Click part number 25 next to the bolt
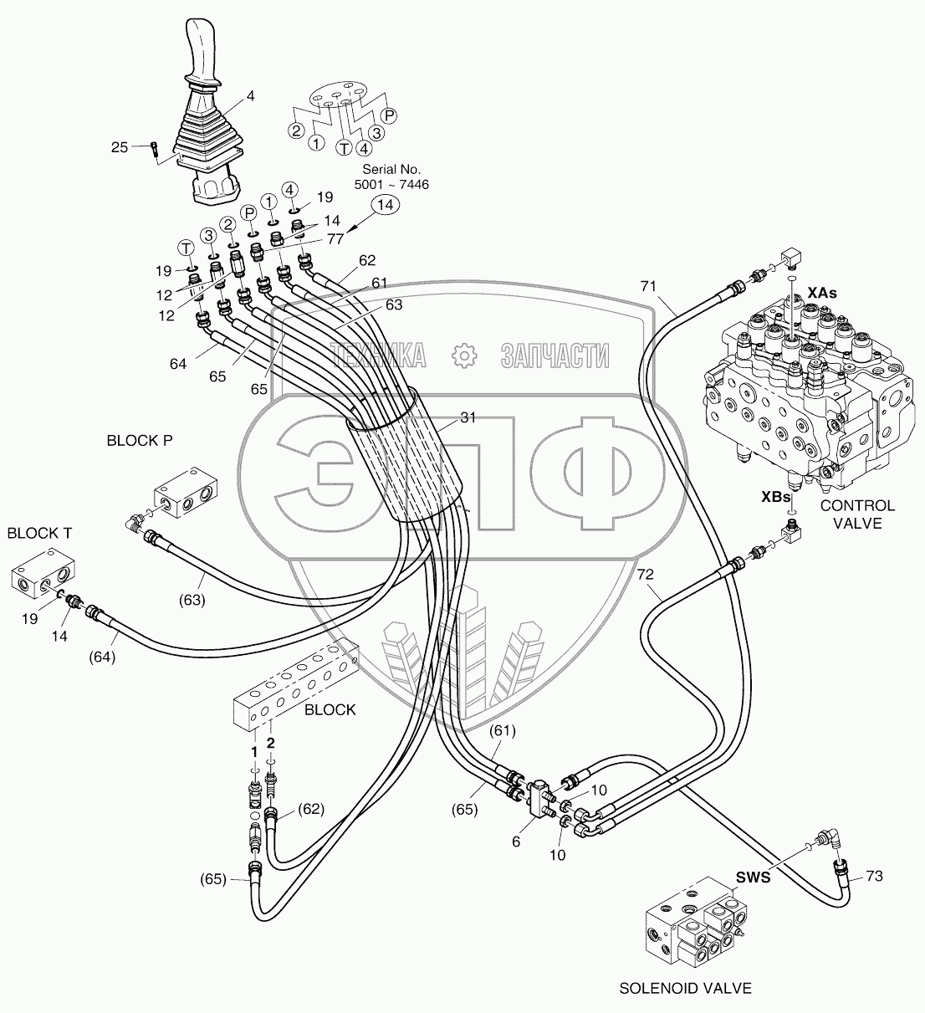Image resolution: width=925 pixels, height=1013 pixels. pos(120,147)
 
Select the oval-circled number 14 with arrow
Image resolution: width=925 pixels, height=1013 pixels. pos(384,204)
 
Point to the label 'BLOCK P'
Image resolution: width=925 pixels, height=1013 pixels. pos(139,440)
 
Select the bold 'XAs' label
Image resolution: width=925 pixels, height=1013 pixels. pos(822,293)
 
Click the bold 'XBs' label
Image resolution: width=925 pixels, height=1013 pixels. pos(775,496)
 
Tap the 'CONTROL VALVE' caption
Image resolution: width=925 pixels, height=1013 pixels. pos(857,514)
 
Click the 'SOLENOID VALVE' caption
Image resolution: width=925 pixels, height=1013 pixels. pos(685,988)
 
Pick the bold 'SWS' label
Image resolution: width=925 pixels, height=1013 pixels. pos(752,877)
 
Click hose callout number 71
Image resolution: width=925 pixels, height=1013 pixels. pos(648,287)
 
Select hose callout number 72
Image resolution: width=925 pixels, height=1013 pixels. pos(645,576)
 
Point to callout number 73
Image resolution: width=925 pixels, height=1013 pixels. pos(873,876)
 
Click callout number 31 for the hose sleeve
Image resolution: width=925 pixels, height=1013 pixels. pos(468,418)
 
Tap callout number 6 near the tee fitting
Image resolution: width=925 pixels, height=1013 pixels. pos(516,842)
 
